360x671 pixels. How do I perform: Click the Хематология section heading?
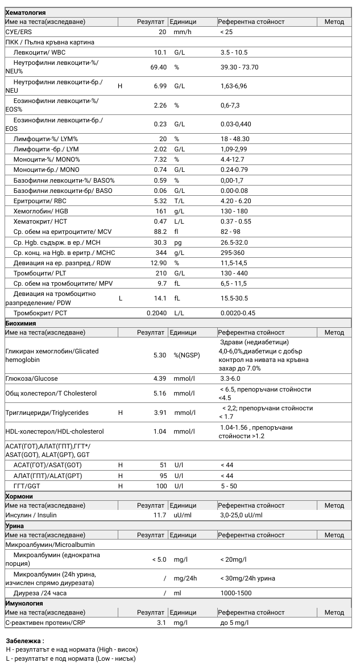pyautogui.click(x=25, y=13)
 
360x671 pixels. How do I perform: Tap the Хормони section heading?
pyautogui.click(x=19, y=496)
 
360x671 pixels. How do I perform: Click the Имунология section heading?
pyautogui.click(x=24, y=603)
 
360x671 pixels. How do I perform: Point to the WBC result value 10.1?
pyautogui.click(x=160, y=52)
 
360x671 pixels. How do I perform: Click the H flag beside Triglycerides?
pyautogui.click(x=120, y=413)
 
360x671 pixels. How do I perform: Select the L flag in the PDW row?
pyautogui.click(x=120, y=298)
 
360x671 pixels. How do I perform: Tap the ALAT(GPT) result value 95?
pyautogui.click(x=163, y=476)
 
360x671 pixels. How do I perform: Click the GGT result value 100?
pyautogui.click(x=161, y=486)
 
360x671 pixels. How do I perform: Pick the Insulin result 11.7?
pyautogui.click(x=160, y=515)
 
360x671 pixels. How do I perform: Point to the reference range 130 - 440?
pyautogui.click(x=234, y=273)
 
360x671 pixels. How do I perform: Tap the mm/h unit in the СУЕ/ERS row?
pyautogui.click(x=183, y=32)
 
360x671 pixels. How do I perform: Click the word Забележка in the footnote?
pyautogui.click(x=24, y=640)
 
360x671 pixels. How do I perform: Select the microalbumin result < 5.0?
pyautogui.click(x=159, y=559)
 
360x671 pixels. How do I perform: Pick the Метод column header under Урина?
pyautogui.click(x=334, y=535)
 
